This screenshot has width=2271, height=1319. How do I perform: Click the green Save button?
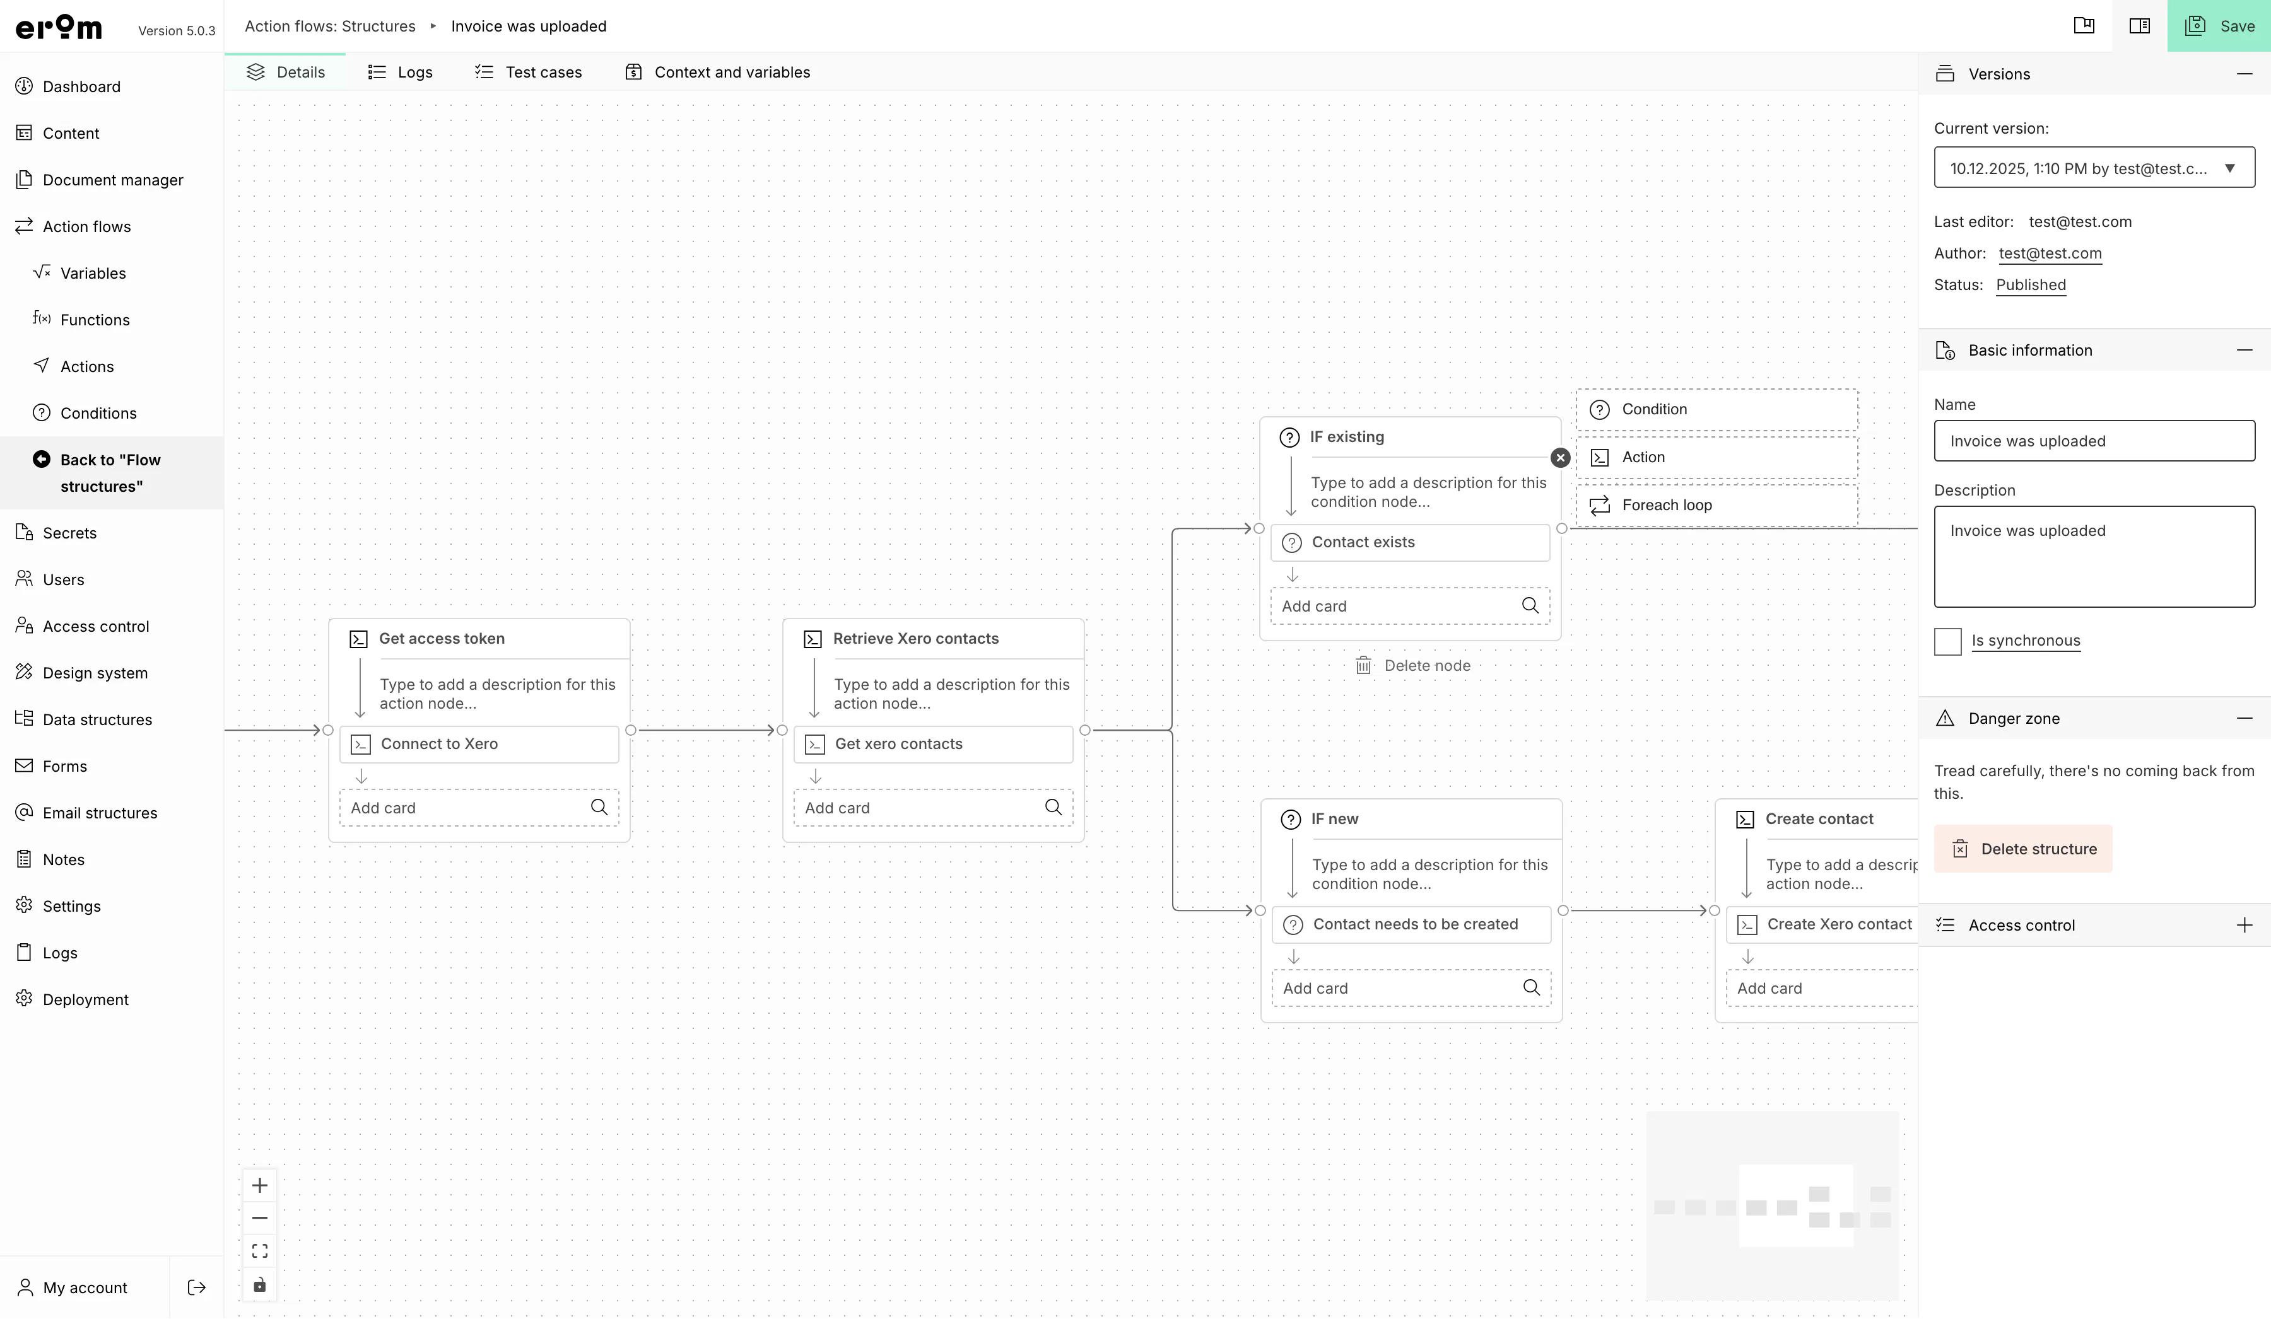pos(2219,26)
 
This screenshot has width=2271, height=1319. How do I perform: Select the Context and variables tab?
pos(717,72)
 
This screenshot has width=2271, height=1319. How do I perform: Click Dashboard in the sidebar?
pos(81,86)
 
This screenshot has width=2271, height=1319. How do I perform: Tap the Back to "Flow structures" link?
pos(110,473)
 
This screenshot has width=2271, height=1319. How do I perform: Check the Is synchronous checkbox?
pos(1947,641)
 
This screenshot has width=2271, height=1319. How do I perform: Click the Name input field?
pos(2094,441)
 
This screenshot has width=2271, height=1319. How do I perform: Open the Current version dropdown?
pos(2094,168)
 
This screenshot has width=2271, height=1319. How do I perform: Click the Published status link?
pos(2031,285)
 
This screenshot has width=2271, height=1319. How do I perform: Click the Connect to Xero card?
pos(479,744)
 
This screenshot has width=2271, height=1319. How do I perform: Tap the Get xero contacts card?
pos(934,744)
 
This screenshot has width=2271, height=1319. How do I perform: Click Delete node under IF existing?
pos(1413,666)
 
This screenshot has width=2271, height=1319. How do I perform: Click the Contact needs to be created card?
pos(1411,924)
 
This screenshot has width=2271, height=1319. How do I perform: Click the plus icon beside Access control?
pos(2244,926)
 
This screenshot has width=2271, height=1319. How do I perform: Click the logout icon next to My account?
pos(196,1287)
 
